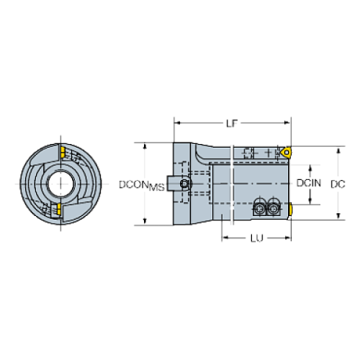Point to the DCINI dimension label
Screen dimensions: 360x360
point(309,182)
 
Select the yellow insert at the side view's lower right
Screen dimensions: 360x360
point(291,210)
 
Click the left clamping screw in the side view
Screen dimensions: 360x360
point(262,209)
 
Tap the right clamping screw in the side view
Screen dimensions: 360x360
point(274,209)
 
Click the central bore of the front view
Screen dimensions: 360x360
point(60,182)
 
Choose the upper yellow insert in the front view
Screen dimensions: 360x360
point(64,153)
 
